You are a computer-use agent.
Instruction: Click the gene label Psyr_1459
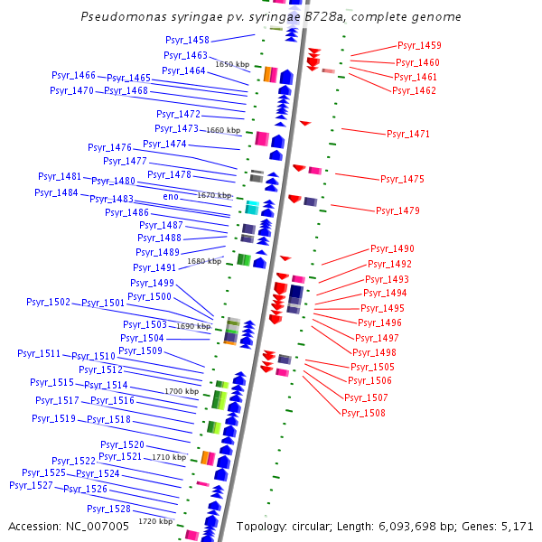click(419, 46)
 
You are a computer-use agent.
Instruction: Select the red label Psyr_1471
click(408, 135)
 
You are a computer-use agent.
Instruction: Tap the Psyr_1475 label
click(402, 180)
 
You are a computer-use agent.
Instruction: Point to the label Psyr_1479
click(397, 211)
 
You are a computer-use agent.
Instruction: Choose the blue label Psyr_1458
click(187, 41)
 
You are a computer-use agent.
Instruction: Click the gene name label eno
click(171, 196)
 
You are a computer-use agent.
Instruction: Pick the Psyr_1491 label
click(154, 268)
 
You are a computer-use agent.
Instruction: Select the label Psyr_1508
click(364, 413)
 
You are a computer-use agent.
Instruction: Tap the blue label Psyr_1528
click(109, 509)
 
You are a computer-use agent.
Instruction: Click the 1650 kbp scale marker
click(232, 64)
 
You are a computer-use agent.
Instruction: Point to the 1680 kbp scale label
click(204, 261)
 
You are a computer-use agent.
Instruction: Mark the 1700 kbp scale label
click(182, 391)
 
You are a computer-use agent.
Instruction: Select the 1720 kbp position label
click(155, 521)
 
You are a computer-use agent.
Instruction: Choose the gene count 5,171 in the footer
click(517, 526)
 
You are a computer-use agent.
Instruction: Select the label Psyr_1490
click(392, 249)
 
